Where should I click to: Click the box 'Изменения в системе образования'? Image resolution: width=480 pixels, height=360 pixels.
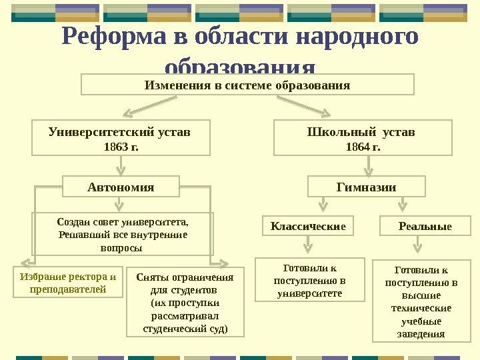coord(247,85)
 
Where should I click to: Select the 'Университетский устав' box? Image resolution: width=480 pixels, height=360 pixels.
coord(121,137)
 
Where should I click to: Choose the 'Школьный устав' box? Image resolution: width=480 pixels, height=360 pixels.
coord(363,137)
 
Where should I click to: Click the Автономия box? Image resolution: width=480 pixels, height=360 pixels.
coord(121,187)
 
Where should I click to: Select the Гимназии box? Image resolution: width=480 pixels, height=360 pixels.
coord(366,187)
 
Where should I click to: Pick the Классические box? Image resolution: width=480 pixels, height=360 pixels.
coord(308,227)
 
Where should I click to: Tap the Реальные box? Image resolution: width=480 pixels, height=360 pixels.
coord(425,227)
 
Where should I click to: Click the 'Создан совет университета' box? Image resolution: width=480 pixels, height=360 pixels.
coord(123,234)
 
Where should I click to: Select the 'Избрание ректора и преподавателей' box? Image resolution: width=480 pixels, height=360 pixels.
coord(69,283)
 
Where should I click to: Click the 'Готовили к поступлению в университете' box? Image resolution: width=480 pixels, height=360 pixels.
coord(309,281)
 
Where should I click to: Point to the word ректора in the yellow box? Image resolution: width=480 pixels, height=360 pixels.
coord(85,277)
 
